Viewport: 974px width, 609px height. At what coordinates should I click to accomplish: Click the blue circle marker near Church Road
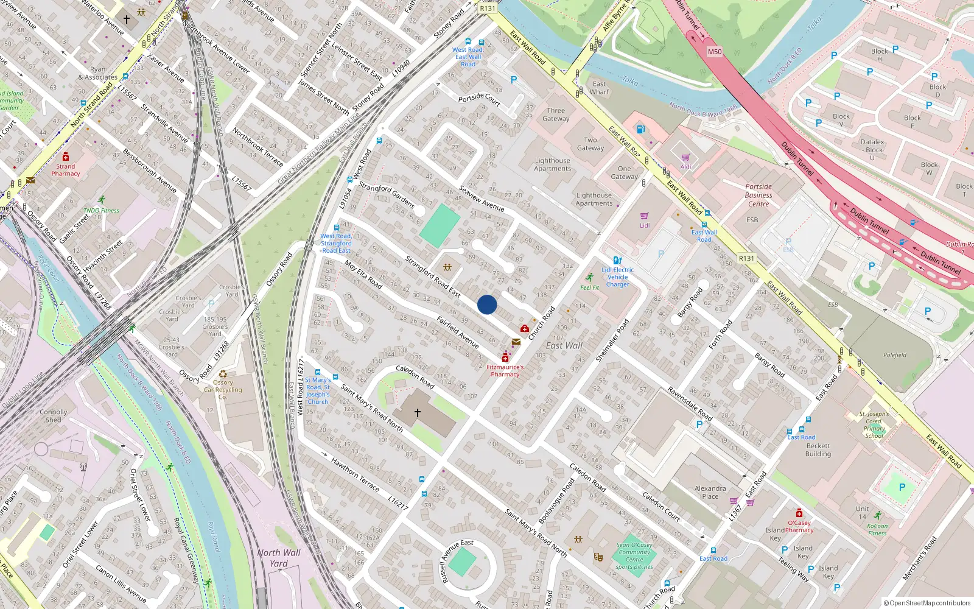click(x=487, y=304)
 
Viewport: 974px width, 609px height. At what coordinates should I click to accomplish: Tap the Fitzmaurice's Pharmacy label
click(x=505, y=371)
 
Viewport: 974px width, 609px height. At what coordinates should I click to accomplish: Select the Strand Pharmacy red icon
click(x=66, y=157)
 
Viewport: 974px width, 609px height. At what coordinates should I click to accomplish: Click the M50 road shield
click(x=715, y=52)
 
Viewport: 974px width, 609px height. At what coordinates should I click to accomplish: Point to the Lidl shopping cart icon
click(x=645, y=216)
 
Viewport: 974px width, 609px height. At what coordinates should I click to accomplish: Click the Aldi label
click(x=686, y=167)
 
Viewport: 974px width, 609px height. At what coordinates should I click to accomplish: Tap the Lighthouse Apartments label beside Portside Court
click(x=552, y=164)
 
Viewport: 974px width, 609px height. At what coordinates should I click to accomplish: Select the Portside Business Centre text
click(x=759, y=195)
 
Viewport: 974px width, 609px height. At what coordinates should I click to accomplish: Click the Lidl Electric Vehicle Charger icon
click(x=617, y=261)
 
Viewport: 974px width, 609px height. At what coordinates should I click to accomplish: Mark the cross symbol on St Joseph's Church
click(x=418, y=412)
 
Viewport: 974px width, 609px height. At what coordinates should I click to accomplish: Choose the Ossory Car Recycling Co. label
click(x=223, y=390)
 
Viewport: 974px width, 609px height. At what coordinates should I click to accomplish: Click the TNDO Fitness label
click(x=101, y=210)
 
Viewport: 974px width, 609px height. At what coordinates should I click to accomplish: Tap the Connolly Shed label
click(x=54, y=416)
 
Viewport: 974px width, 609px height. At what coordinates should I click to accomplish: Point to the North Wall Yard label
click(x=279, y=558)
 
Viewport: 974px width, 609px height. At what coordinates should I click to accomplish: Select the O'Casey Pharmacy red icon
click(x=799, y=513)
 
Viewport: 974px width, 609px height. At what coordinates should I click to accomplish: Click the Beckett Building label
click(x=818, y=449)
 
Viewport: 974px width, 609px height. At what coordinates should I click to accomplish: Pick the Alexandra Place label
click(x=710, y=492)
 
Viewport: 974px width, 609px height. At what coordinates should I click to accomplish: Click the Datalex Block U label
click(x=872, y=150)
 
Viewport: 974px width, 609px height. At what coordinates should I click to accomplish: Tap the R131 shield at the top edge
click(x=488, y=9)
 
